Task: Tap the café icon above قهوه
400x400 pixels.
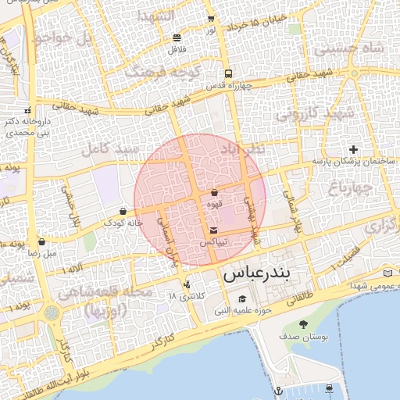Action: point(214,191)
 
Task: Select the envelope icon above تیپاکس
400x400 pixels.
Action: point(214,230)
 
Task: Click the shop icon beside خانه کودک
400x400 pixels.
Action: point(123,211)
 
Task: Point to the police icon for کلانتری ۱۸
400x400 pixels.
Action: point(186,284)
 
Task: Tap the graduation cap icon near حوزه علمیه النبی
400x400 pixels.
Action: point(242,299)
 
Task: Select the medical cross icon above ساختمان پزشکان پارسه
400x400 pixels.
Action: point(353,149)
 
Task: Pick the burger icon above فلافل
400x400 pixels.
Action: point(177,37)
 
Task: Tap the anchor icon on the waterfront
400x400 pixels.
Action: point(277,389)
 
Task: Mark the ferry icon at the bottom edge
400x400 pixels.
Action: point(330,388)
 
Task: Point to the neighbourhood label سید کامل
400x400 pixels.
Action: point(114,148)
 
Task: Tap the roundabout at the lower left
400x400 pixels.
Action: point(52,313)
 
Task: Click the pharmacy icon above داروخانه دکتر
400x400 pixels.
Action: point(28,109)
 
